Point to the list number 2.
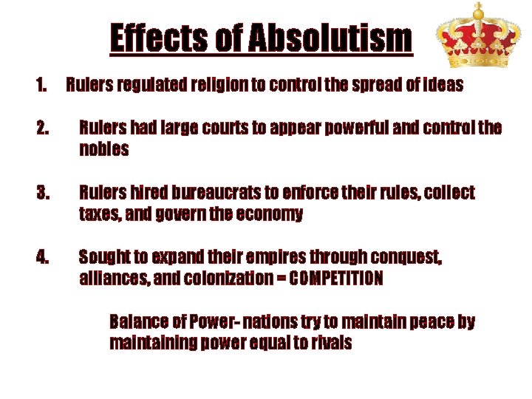(42, 129)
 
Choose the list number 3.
(42, 193)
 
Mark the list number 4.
(42, 258)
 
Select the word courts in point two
(225, 129)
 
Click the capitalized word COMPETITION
(336, 279)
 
